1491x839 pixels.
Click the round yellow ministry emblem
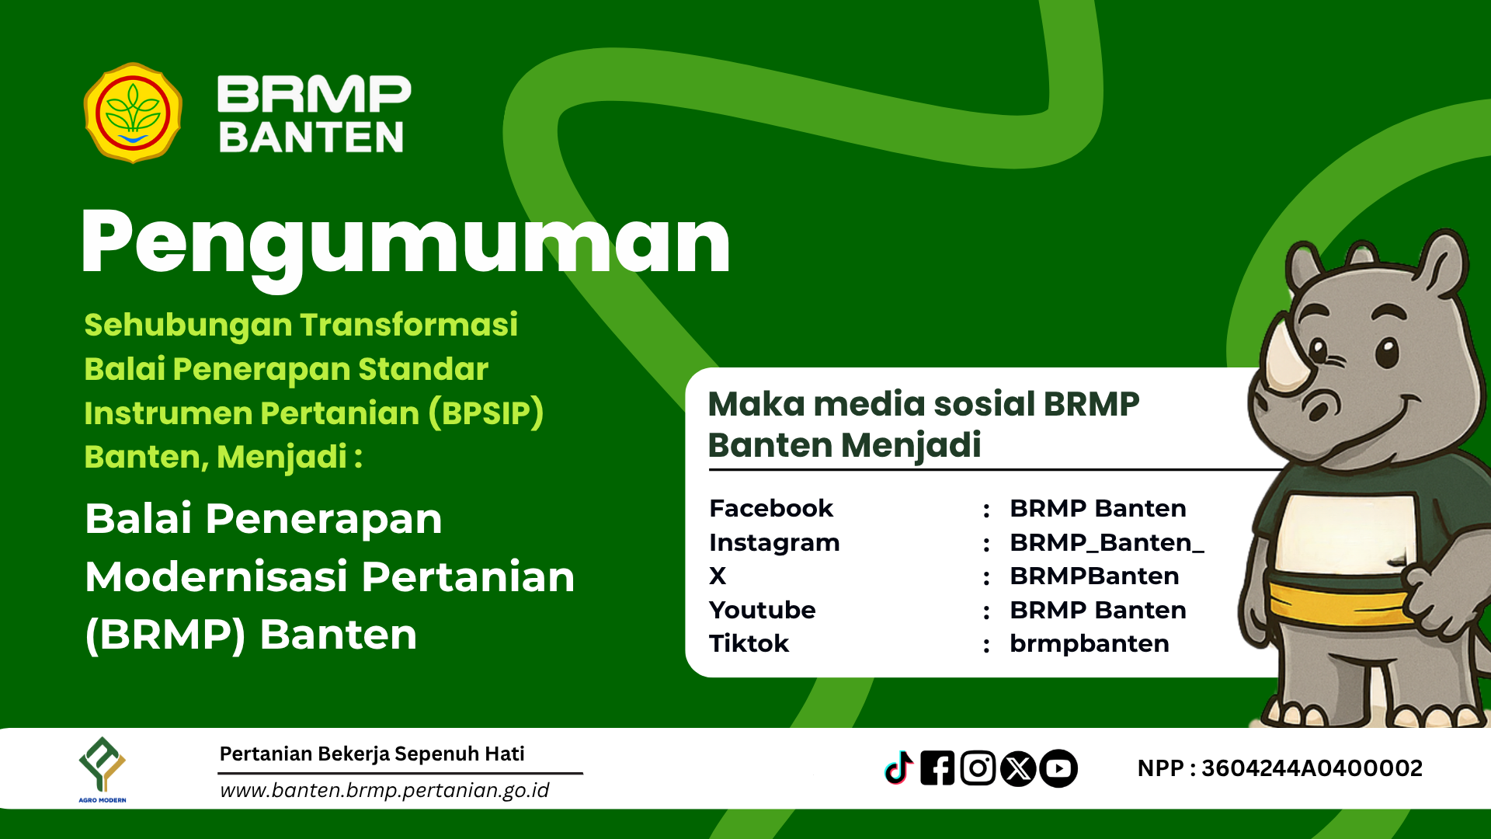[x=133, y=113]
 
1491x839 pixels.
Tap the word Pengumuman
[x=405, y=244]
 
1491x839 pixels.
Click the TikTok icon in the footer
[x=899, y=768]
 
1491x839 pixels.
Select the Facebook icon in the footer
[x=937, y=768]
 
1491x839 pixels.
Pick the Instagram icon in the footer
[x=978, y=768]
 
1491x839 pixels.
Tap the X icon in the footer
[x=1018, y=768]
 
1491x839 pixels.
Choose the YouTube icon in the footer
[x=1058, y=768]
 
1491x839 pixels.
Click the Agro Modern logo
[x=103, y=769]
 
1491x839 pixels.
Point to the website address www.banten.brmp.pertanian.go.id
[x=384, y=790]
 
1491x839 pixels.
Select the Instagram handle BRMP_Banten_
[x=1107, y=542]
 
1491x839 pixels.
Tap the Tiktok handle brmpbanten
[x=1090, y=643]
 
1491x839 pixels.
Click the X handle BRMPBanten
[x=1094, y=576]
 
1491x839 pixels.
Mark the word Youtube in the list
[x=763, y=610]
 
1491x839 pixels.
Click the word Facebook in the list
[x=771, y=508]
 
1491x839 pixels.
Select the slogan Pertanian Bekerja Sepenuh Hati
[x=372, y=754]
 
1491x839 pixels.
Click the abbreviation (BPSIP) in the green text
[x=486, y=413]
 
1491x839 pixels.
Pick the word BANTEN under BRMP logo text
[x=311, y=138]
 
